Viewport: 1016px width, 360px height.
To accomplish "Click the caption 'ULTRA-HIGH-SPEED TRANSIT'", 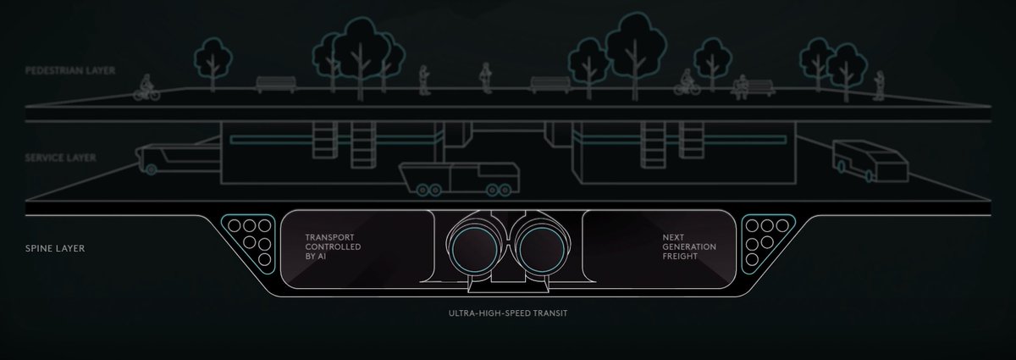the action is [508, 313].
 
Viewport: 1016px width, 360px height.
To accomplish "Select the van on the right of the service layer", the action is [865, 161].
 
